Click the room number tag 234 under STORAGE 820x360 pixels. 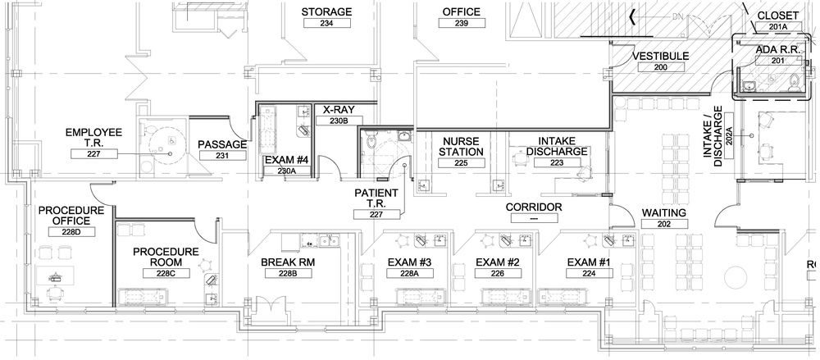pos(327,23)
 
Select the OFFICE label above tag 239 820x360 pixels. pos(461,11)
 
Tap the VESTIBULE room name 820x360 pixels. pos(660,56)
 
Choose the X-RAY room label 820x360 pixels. pos(339,110)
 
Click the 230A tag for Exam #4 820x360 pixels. pos(285,170)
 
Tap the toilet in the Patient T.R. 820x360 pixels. pos(371,139)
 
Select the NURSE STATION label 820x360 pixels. pos(461,146)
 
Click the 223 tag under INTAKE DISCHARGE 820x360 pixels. pos(557,162)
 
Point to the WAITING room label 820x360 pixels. pos(663,213)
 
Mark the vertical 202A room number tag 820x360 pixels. pos(729,137)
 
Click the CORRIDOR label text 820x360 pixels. pos(534,207)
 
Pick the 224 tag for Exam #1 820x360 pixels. pos(589,272)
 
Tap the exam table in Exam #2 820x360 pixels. pos(504,296)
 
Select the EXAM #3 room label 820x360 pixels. pos(409,262)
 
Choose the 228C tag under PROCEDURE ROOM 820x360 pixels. pos(166,273)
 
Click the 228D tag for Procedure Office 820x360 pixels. pos(71,232)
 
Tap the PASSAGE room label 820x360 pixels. pos(222,144)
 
